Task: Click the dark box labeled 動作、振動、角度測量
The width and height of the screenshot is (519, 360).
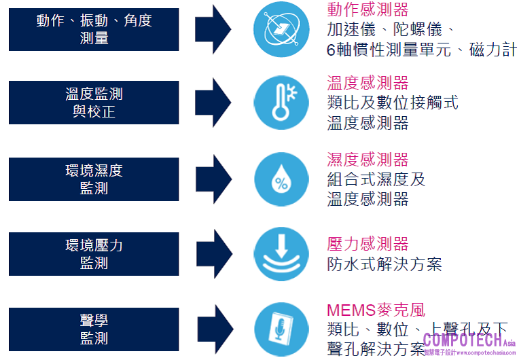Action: tap(94, 30)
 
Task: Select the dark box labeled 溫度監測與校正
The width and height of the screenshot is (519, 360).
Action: tap(94, 103)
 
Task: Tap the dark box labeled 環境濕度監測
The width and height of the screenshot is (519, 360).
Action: tap(94, 179)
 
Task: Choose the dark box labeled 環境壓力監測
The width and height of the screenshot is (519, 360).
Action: tap(94, 253)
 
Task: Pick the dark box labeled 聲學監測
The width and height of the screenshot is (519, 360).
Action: tap(94, 328)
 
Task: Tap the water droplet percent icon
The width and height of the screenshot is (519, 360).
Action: tap(281, 179)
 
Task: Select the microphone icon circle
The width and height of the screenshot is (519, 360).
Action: tap(281, 329)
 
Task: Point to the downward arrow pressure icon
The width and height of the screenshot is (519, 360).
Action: tap(281, 254)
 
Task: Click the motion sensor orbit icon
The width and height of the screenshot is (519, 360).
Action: tap(281, 29)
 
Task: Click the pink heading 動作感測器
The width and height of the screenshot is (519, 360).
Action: tap(368, 10)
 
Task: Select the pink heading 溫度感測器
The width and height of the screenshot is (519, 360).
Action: tap(368, 83)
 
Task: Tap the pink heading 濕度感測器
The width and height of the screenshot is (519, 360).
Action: tap(368, 160)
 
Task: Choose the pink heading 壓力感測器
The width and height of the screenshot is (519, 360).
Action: tap(368, 244)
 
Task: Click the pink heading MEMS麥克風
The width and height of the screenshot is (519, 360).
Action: tap(376, 311)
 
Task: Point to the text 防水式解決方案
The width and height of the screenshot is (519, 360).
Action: tap(384, 264)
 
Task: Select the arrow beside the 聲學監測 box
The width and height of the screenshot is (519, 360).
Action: tap(217, 329)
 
